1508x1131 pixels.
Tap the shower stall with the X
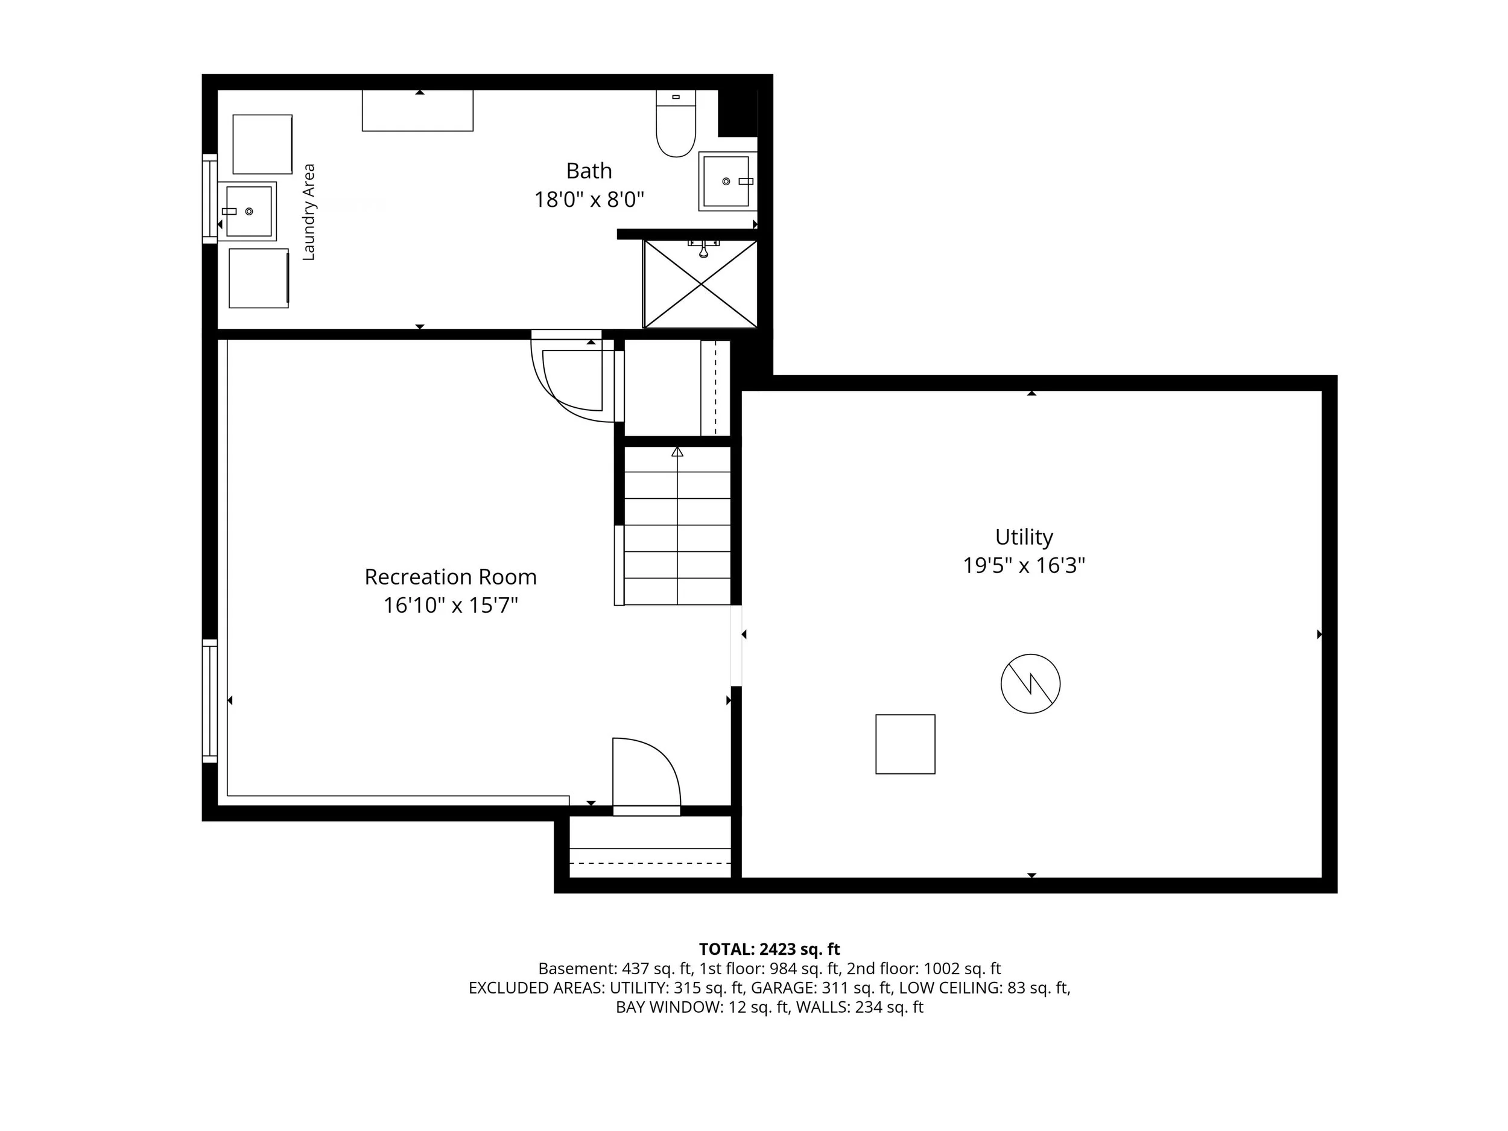(x=700, y=284)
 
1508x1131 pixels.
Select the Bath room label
(x=589, y=171)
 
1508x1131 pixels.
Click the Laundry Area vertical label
(x=309, y=211)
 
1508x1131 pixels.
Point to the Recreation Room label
(x=451, y=577)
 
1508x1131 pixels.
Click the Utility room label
(x=1024, y=537)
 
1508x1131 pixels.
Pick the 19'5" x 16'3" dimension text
(x=1024, y=566)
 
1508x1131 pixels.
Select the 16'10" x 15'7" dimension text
(x=451, y=606)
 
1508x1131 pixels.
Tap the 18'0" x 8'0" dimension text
(x=589, y=200)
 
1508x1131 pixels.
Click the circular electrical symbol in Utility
(x=1030, y=684)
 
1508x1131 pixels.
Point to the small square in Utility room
(x=905, y=744)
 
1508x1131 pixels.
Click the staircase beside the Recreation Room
(x=677, y=525)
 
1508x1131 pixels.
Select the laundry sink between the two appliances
(x=247, y=211)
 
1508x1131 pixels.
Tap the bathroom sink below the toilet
(x=727, y=182)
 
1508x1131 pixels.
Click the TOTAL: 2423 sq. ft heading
(x=769, y=949)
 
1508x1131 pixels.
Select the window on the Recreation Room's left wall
(x=210, y=700)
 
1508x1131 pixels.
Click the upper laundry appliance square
(x=262, y=145)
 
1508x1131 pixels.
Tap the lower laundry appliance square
(x=259, y=278)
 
